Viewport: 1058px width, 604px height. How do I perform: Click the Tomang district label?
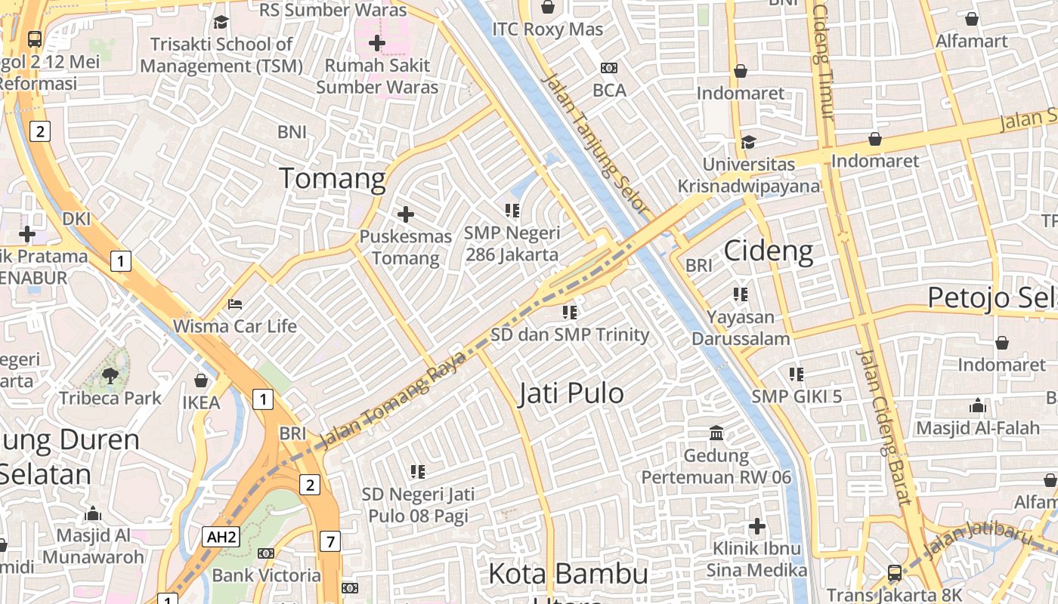[x=333, y=179]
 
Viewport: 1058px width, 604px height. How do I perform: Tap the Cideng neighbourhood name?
[x=769, y=251]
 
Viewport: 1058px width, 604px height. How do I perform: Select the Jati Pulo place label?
[x=571, y=393]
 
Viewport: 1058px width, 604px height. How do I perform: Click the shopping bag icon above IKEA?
[x=201, y=381]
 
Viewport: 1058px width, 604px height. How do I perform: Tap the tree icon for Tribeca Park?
[x=110, y=375]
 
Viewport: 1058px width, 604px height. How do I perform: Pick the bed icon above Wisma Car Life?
[x=235, y=304]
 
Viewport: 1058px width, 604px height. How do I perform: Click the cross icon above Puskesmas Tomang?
[x=406, y=214]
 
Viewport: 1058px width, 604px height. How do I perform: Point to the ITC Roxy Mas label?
[x=548, y=29]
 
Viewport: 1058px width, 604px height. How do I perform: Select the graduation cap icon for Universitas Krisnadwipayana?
[x=748, y=142]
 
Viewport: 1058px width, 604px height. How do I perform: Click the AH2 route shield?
[x=221, y=538]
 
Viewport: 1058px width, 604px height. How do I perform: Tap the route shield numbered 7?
[x=329, y=541]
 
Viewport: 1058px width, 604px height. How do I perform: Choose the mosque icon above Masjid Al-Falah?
[x=978, y=406]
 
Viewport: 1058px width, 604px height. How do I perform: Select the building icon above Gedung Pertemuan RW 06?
[x=716, y=433]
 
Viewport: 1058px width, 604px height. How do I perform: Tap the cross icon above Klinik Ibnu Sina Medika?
[x=757, y=526]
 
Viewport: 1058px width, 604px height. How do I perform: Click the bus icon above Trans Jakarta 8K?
[x=895, y=573]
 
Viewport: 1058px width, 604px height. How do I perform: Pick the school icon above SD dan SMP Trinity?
[x=570, y=312]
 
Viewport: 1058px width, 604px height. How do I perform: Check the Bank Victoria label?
[x=266, y=575]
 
